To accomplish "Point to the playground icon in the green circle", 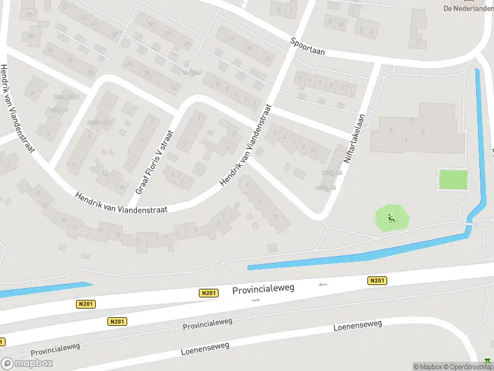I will [391, 218].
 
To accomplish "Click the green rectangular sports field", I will [453, 180].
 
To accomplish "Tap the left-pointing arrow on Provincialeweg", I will [322, 284].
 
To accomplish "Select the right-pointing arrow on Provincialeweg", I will [256, 300].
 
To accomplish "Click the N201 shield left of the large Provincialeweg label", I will [209, 293].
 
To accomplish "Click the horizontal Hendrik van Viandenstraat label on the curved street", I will [121, 203].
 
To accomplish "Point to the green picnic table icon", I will [488, 361].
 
